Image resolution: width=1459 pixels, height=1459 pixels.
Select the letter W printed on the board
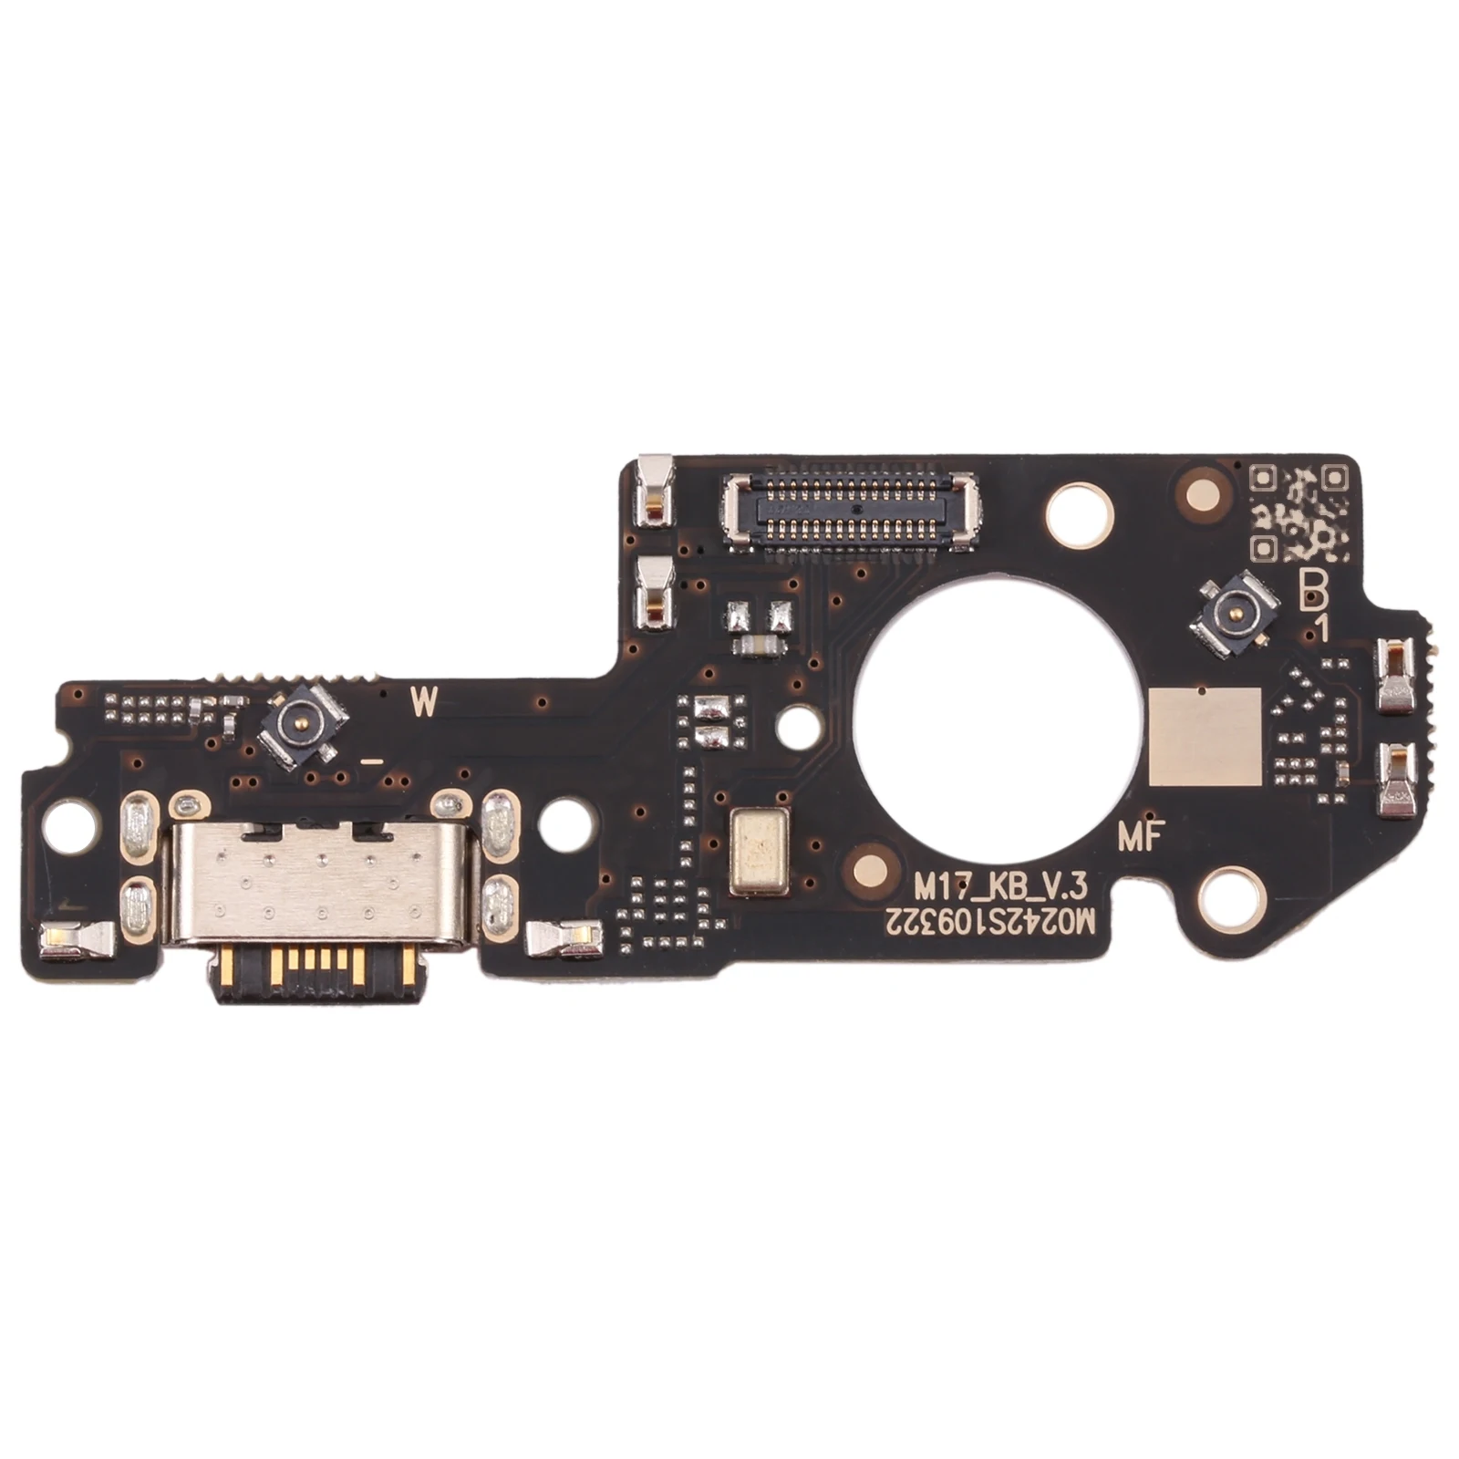pyautogui.click(x=424, y=701)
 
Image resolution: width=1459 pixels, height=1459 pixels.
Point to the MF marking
pyautogui.click(x=1139, y=837)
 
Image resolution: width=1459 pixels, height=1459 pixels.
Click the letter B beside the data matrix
pyautogui.click(x=1314, y=595)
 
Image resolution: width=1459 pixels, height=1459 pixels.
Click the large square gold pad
pyautogui.click(x=1205, y=736)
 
